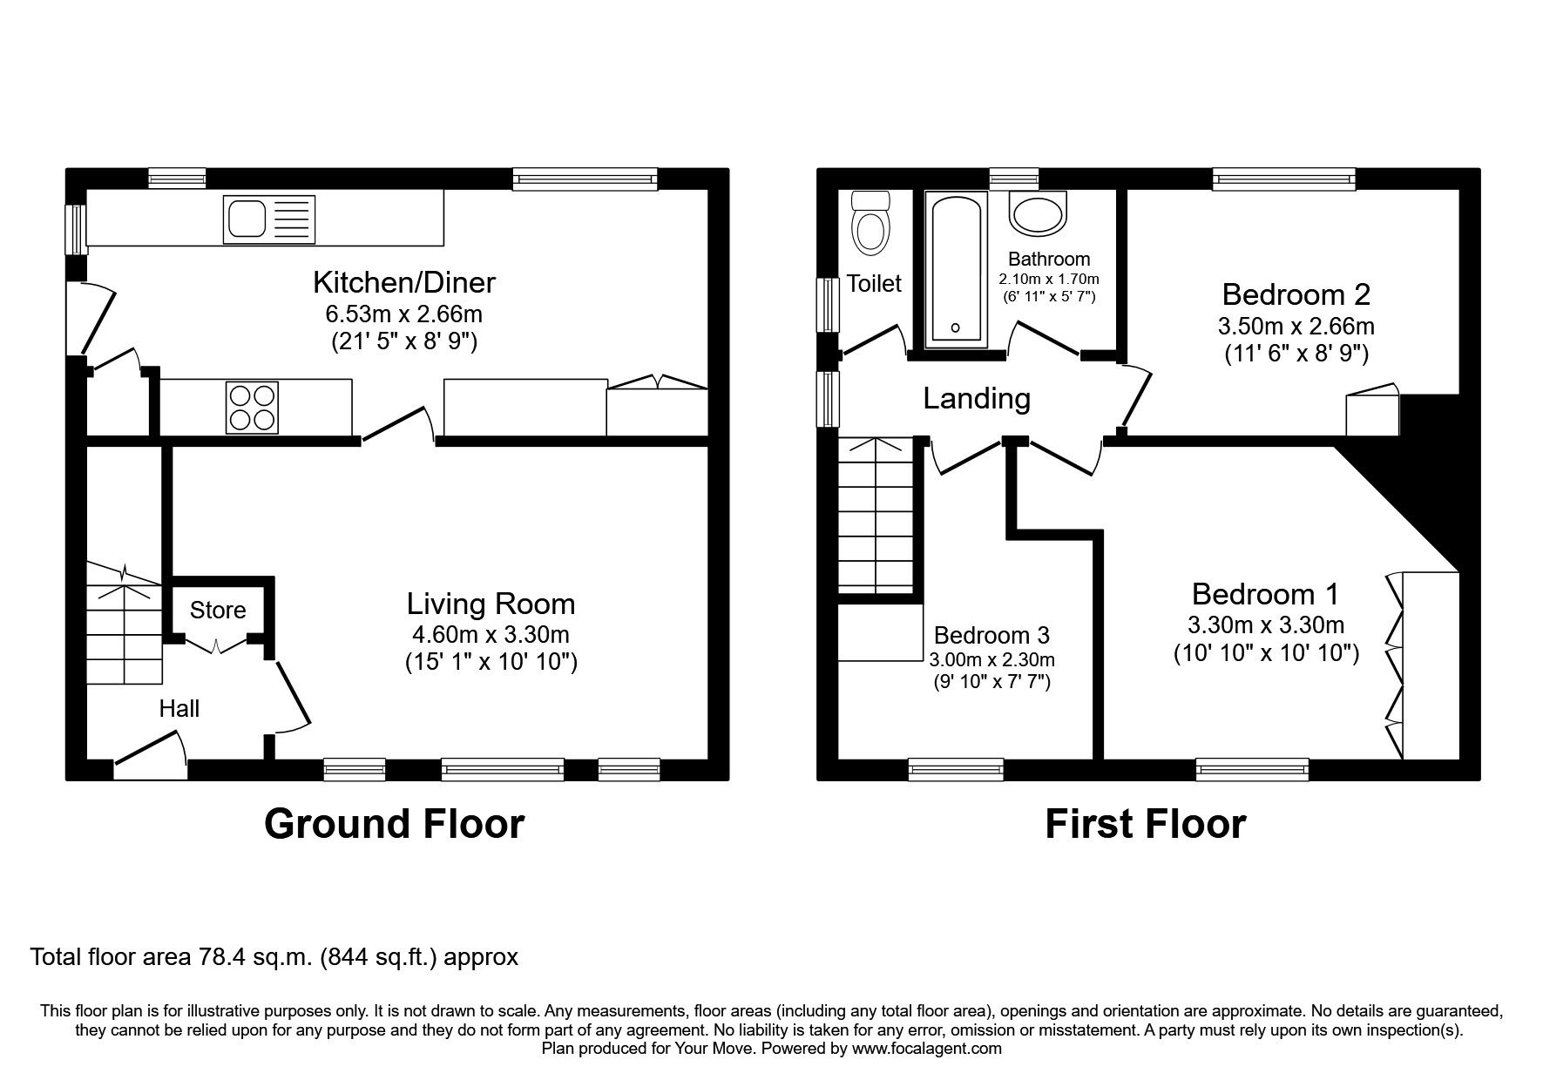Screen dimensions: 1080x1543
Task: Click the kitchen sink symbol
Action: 269,219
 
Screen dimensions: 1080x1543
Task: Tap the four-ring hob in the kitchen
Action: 252,407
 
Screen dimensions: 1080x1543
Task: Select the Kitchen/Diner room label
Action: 403,282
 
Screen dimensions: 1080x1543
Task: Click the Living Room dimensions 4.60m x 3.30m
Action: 491,634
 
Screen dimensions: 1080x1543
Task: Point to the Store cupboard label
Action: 217,611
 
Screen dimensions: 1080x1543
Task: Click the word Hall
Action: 179,709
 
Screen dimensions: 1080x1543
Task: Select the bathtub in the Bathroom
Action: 956,269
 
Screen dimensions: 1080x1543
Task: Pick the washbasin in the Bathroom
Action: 1037,213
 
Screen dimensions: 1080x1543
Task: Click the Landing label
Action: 976,399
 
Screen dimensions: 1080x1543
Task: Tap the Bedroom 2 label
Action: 1296,294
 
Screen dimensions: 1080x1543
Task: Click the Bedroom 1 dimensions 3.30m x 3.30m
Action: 1265,624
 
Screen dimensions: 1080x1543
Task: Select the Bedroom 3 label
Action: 991,635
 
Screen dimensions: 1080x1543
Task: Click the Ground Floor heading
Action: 394,823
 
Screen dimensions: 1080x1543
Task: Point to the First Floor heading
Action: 1145,823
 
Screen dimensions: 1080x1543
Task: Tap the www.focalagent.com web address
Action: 926,1049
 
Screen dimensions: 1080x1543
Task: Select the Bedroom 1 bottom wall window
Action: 1251,767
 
